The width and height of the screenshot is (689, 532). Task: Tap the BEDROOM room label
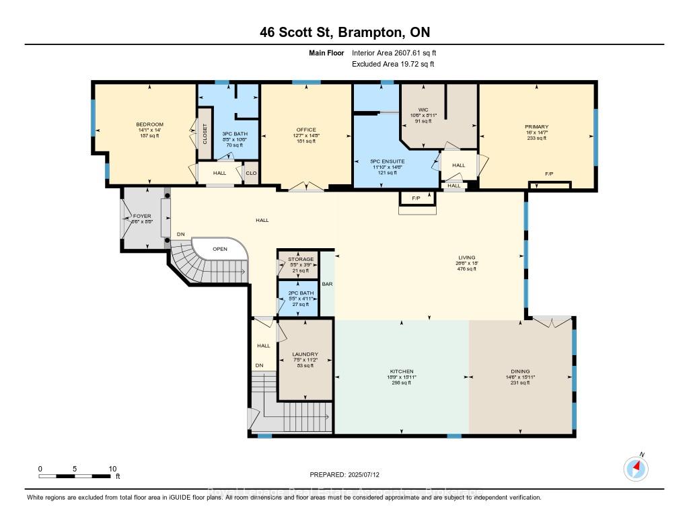[x=149, y=124]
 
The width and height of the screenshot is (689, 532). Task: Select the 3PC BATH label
[x=235, y=134]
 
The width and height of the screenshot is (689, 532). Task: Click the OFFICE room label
[x=305, y=130]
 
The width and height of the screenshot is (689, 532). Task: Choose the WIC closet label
[x=424, y=109]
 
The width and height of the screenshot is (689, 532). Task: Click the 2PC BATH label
[x=297, y=293]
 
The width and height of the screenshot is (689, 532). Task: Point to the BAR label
[x=327, y=284]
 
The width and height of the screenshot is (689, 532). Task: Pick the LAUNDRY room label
[x=305, y=354]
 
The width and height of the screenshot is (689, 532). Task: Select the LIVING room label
[x=466, y=257]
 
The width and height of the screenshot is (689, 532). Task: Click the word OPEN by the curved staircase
[x=219, y=248]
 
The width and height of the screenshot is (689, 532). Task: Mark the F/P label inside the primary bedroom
[x=549, y=174]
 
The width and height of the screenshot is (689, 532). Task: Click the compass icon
[x=635, y=468]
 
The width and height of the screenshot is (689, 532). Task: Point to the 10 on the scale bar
[x=113, y=469]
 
